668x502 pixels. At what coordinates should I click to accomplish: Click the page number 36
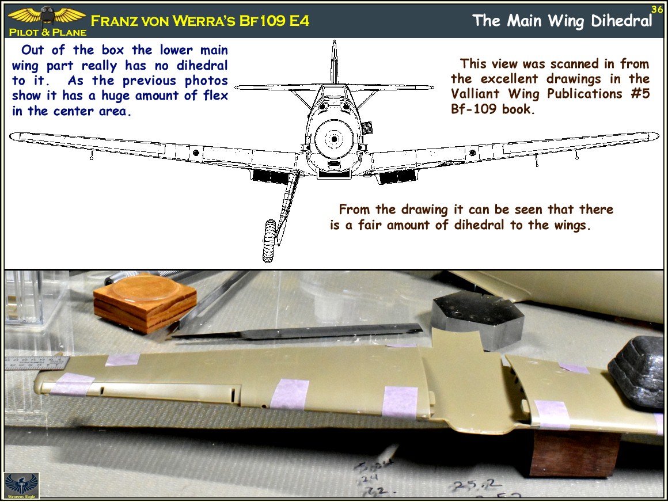[657, 9]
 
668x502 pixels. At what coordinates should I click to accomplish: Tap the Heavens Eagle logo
[21, 485]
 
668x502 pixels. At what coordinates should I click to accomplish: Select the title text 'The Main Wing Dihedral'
[562, 21]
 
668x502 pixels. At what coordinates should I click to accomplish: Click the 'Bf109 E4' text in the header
[276, 21]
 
